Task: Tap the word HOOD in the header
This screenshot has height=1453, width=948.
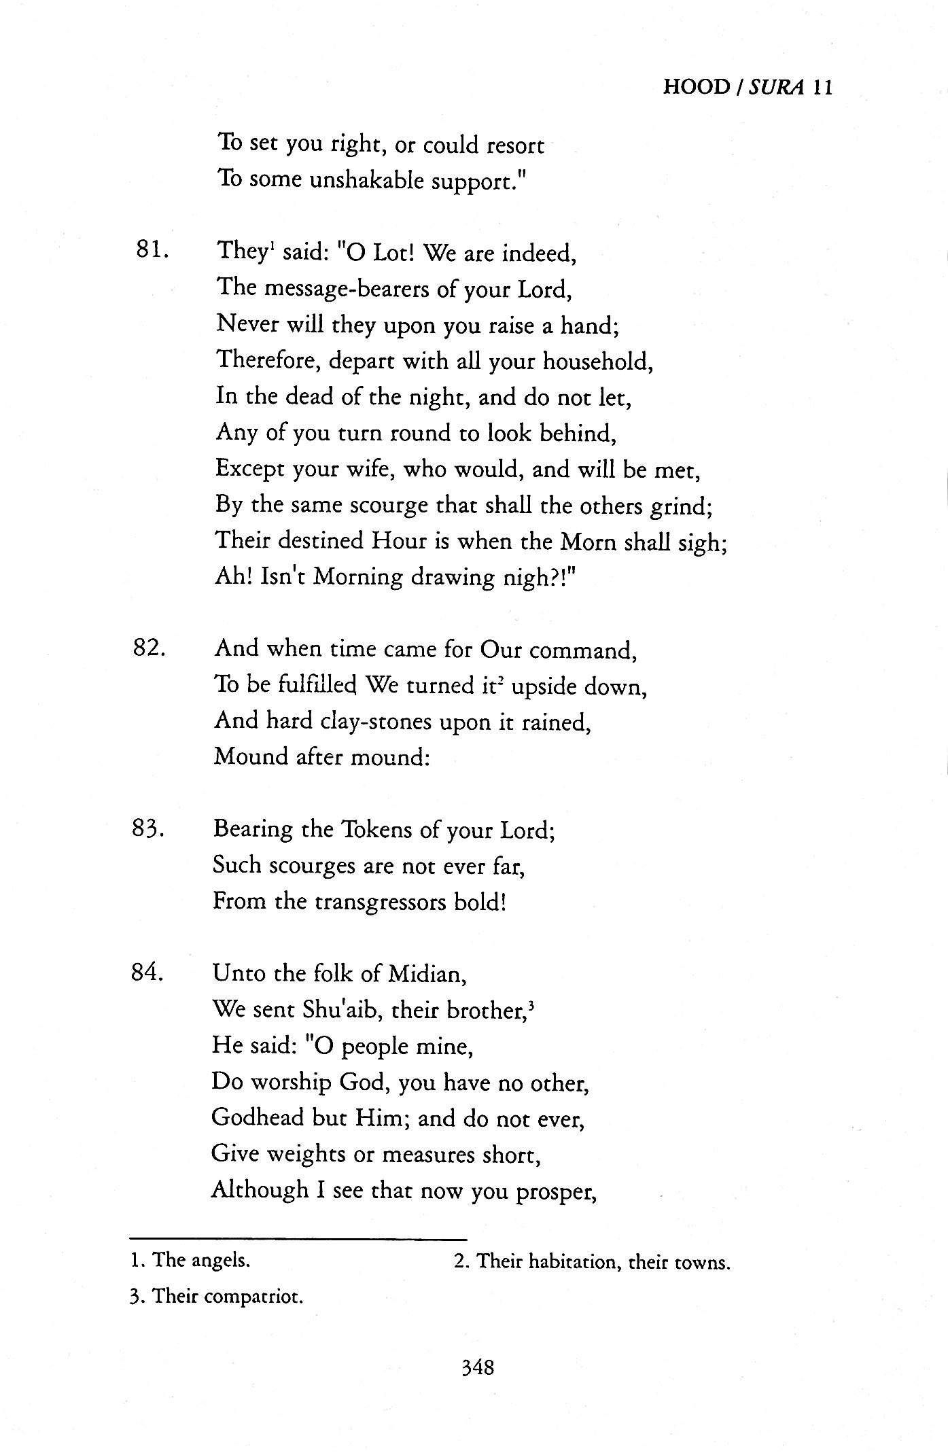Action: pyautogui.click(x=696, y=88)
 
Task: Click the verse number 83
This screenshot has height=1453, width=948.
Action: pyautogui.click(x=148, y=828)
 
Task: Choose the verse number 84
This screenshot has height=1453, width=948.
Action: pyautogui.click(x=148, y=973)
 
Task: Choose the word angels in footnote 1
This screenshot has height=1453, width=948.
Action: pyautogui.click(x=220, y=1261)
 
